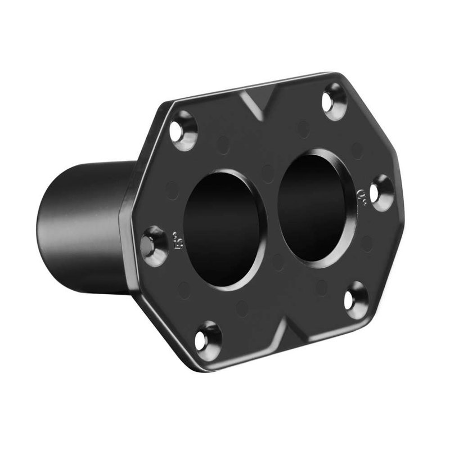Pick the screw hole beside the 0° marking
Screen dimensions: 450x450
click(381, 192)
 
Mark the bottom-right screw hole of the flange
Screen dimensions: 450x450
click(355, 300)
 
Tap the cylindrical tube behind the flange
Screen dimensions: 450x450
click(90, 225)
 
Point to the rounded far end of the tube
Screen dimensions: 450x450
click(48, 225)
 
